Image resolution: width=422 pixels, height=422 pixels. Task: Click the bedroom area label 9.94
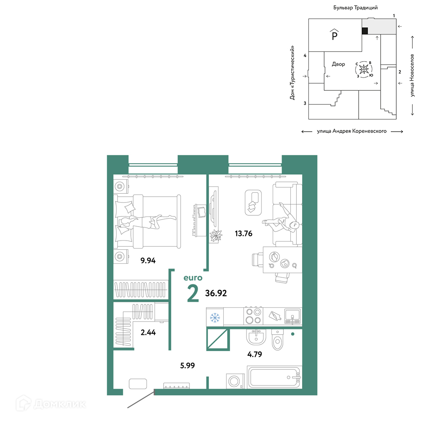tap(148, 260)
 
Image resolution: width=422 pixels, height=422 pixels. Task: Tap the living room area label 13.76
tap(243, 233)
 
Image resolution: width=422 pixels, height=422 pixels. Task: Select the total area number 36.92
tap(216, 293)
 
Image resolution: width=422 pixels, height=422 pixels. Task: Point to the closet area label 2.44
tap(148, 333)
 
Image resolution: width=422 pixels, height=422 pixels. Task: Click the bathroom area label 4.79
tap(254, 354)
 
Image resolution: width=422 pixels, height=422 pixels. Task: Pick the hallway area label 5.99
tap(187, 365)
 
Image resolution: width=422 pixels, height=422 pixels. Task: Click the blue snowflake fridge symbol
tap(215, 318)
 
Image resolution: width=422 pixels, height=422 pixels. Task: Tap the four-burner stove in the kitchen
tap(254, 316)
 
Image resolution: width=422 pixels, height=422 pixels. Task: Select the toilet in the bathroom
tap(278, 339)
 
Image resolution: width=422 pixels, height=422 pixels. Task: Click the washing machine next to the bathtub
tap(235, 381)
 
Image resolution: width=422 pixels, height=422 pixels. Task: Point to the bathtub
tap(274, 377)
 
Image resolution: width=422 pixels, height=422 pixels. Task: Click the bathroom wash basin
tap(256, 337)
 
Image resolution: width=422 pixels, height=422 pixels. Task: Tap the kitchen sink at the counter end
tap(292, 316)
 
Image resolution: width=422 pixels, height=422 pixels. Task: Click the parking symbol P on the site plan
tap(335, 35)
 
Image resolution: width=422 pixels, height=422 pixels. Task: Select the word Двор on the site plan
tap(338, 64)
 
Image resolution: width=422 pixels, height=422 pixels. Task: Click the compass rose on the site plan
tap(364, 70)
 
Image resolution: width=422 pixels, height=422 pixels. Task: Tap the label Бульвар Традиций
tap(355, 8)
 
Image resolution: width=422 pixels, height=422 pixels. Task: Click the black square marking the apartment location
tap(365, 31)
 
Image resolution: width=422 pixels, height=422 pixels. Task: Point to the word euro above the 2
tap(193, 278)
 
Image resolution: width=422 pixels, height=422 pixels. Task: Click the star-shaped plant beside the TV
tap(216, 235)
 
